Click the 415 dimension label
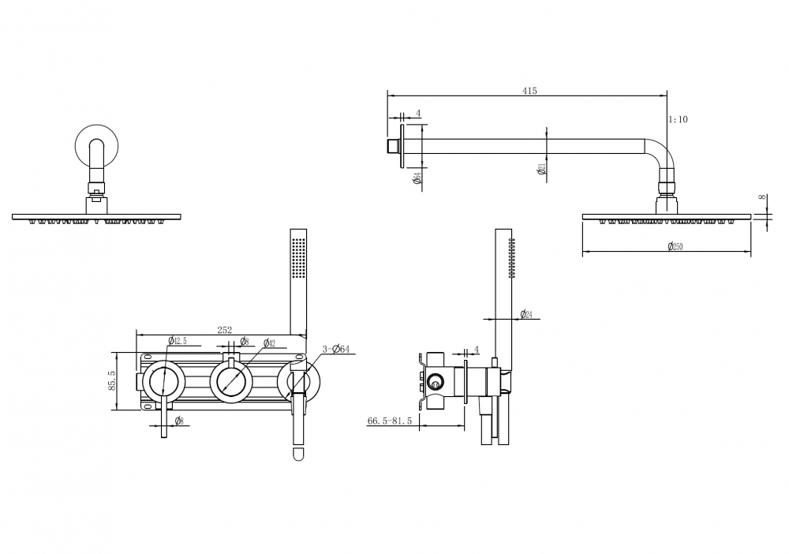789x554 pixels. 529,91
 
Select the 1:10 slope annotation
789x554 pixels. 678,119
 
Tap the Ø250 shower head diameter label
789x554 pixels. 674,247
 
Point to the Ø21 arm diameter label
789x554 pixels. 542,170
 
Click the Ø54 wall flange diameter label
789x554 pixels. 417,179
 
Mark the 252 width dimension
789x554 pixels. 225,330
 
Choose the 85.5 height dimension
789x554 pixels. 112,380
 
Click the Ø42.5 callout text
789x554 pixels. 177,341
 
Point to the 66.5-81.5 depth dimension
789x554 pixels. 390,421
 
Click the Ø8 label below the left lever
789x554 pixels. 179,421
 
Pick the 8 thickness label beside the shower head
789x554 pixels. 763,198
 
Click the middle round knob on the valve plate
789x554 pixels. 231,381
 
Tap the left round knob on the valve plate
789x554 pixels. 165,381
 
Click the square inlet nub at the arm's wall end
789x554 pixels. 391,147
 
